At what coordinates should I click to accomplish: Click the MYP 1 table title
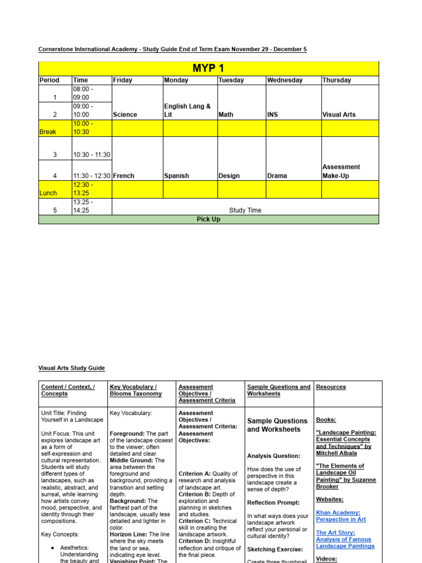pyautogui.click(x=208, y=68)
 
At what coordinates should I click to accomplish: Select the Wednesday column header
pyautogui.click(x=285, y=80)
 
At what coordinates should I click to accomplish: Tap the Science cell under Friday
pyautogui.click(x=125, y=115)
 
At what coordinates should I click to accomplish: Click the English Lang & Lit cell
pyautogui.click(x=187, y=111)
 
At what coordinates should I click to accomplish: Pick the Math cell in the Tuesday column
pyautogui.click(x=226, y=115)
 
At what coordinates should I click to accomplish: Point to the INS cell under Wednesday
pyautogui.click(x=273, y=115)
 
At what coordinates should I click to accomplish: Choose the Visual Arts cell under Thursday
pyautogui.click(x=339, y=115)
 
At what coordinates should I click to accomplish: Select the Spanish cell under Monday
pyautogui.click(x=176, y=176)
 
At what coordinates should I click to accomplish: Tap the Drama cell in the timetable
pyautogui.click(x=277, y=176)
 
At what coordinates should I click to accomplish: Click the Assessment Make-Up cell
pyautogui.click(x=341, y=172)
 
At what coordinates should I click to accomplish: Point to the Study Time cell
pyautogui.click(x=245, y=210)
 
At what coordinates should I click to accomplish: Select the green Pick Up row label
pyautogui.click(x=208, y=219)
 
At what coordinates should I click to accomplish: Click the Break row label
pyautogui.click(x=48, y=132)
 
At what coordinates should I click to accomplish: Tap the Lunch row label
pyautogui.click(x=48, y=193)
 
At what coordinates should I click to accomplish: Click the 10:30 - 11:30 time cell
pyautogui.click(x=92, y=155)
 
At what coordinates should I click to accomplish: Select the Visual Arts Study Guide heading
pyautogui.click(x=71, y=368)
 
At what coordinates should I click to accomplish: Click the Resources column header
pyautogui.click(x=331, y=387)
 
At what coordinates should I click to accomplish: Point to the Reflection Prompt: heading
pyautogui.click(x=274, y=503)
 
